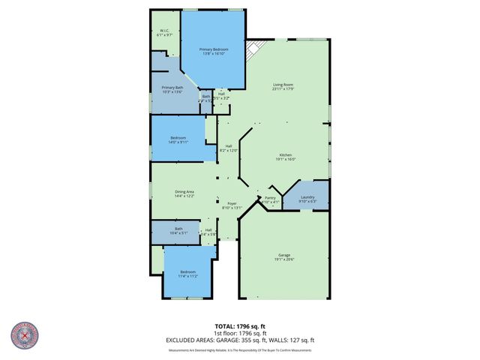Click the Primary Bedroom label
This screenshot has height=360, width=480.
click(x=211, y=52)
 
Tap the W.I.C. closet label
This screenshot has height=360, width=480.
click(x=164, y=33)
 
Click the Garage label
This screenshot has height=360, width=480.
click(x=283, y=256)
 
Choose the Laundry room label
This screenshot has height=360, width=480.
click(x=307, y=199)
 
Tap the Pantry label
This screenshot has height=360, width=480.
click(x=270, y=200)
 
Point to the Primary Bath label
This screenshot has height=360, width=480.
click(x=172, y=90)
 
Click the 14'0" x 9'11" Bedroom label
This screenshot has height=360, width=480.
click(x=178, y=139)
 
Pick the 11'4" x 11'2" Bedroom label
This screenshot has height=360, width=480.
click(x=187, y=274)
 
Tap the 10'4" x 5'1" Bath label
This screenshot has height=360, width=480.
click(x=178, y=230)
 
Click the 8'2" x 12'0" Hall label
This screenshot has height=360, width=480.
click(x=228, y=148)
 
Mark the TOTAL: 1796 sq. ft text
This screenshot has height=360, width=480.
click(x=240, y=326)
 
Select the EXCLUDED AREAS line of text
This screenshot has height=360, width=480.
click(x=240, y=340)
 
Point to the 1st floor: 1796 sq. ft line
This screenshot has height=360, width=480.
click(x=240, y=334)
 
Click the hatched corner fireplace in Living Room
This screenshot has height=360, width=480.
click(x=253, y=50)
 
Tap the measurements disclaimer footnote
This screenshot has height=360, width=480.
click(x=240, y=349)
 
